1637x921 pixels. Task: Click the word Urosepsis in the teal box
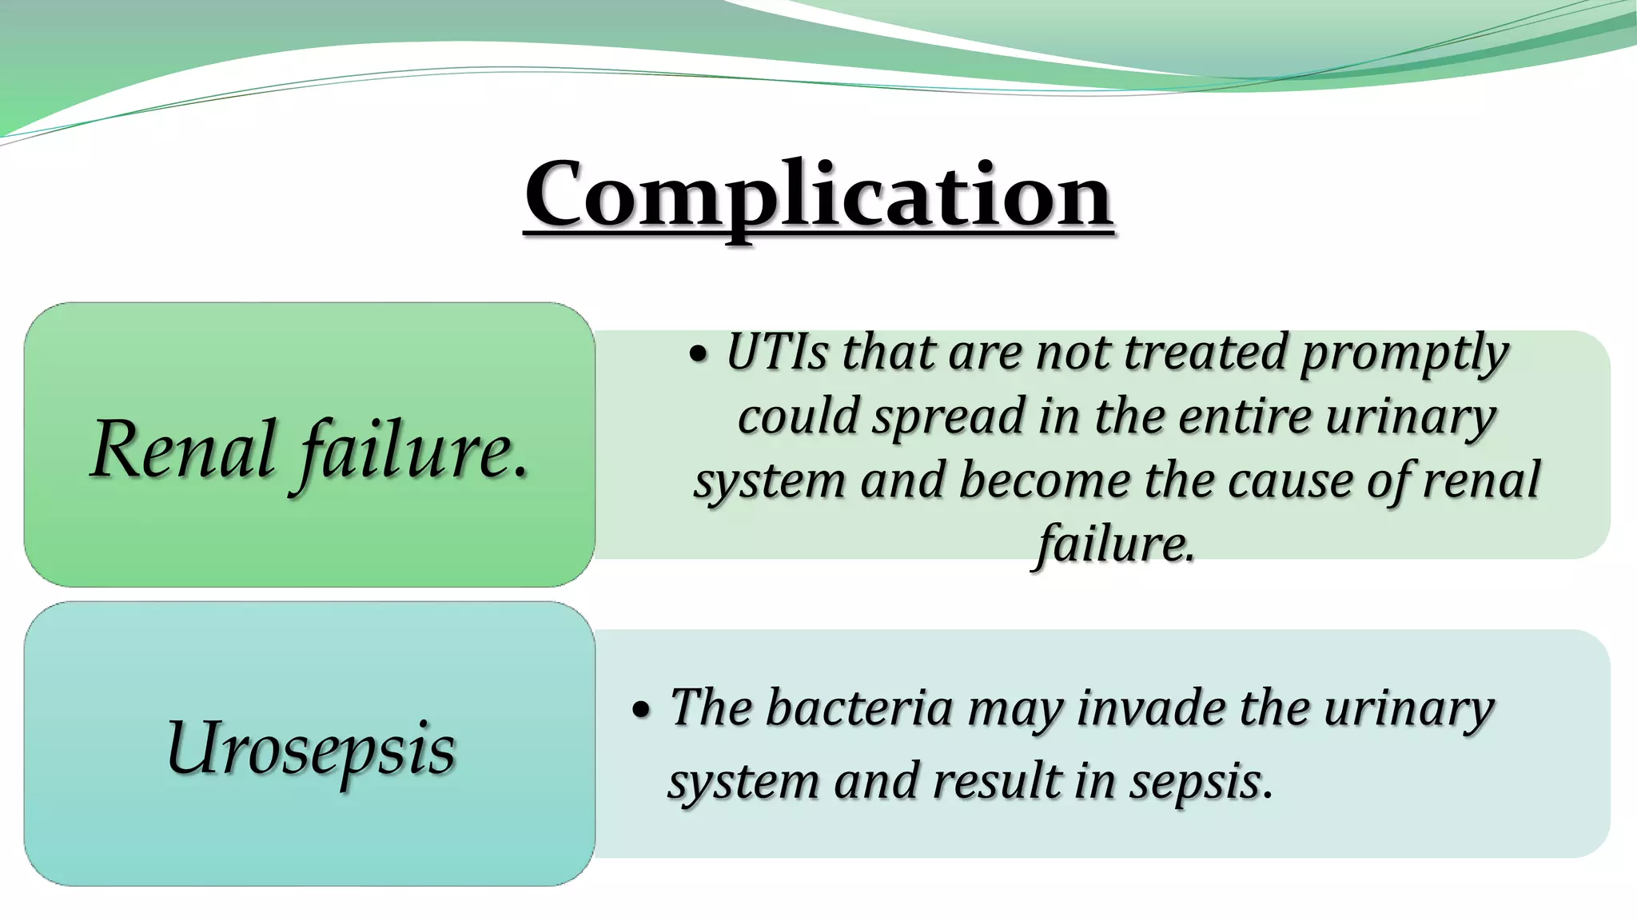(x=310, y=748)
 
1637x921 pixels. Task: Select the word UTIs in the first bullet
(x=776, y=353)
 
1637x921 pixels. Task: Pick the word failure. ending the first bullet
(x=1115, y=545)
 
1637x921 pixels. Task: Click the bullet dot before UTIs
(x=699, y=356)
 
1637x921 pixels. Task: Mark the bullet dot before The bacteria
(x=641, y=711)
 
